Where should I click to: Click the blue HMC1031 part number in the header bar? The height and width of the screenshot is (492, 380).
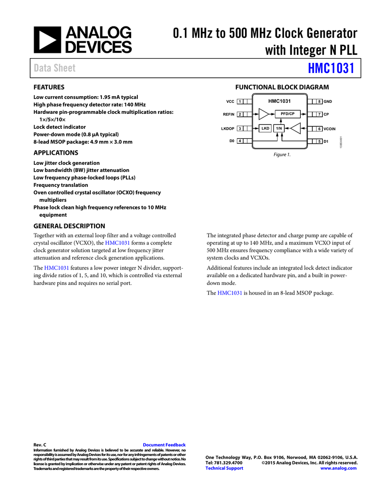point(331,68)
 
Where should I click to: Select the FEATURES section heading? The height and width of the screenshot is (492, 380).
point(49,87)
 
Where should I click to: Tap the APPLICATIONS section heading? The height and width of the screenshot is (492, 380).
point(56,153)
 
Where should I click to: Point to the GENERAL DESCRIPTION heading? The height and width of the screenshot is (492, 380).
point(69,226)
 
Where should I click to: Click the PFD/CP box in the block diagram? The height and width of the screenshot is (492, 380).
point(287,114)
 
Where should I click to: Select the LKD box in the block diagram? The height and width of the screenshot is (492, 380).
point(265,128)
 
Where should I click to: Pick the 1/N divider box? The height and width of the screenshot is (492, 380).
point(279,128)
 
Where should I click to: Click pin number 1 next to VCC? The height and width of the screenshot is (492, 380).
point(239,101)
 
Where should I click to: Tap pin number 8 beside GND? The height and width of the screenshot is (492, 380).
point(319,101)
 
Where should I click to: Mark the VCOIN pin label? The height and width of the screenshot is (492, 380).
point(329,129)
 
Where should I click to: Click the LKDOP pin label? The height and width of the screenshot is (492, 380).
point(227,129)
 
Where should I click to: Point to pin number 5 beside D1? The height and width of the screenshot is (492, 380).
point(319,141)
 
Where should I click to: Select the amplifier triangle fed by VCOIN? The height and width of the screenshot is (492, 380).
point(297,128)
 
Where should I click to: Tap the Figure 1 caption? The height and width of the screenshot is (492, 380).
point(282,155)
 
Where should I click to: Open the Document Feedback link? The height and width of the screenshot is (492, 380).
point(164,445)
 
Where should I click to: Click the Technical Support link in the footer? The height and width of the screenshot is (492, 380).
point(224,468)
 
